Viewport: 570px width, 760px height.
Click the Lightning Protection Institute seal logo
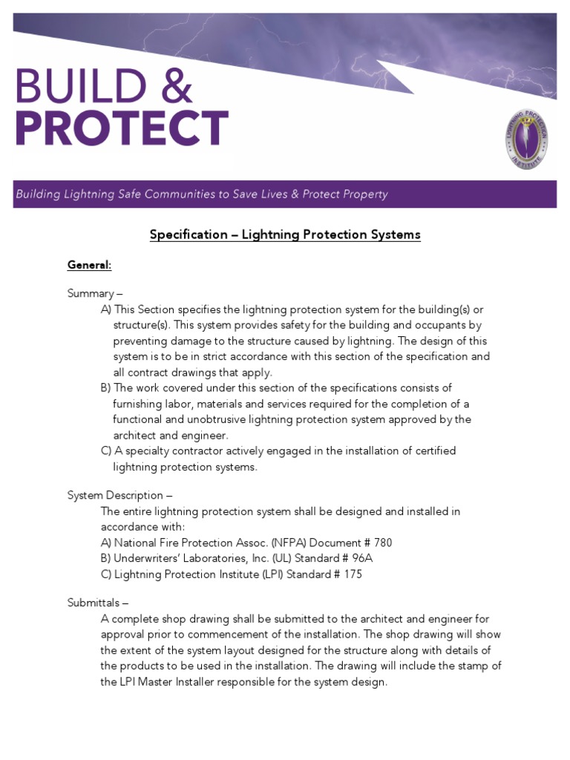tap(528, 138)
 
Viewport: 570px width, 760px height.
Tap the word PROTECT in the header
tap(122, 128)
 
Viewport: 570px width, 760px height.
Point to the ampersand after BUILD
tap(178, 87)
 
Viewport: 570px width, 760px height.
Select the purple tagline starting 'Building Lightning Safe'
tap(202, 194)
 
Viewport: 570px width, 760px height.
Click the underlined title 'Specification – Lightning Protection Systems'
tap(285, 235)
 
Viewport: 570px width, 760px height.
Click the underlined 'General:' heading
tap(89, 265)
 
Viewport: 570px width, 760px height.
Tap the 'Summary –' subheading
tap(95, 293)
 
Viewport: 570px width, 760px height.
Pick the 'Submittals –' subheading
tap(98, 603)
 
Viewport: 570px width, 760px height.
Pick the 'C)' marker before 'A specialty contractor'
tap(106, 451)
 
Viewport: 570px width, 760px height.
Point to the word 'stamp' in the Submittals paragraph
tap(471, 665)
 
